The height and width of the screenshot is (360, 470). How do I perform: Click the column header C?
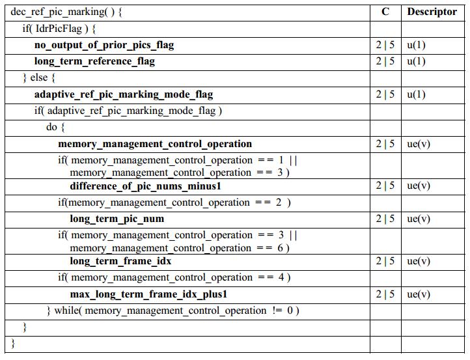pyautogui.click(x=385, y=12)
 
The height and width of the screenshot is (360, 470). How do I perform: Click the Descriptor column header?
pyautogui.click(x=432, y=12)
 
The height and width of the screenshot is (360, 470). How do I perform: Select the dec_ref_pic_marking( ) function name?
pyautogui.click(x=66, y=12)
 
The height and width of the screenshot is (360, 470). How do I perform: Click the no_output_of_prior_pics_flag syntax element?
pyautogui.click(x=104, y=45)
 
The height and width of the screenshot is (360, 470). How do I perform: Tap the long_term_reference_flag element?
pyautogui.click(x=94, y=61)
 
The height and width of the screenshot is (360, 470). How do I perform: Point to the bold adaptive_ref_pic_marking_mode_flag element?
pyautogui.click(x=124, y=94)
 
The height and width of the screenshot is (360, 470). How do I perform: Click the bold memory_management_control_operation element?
pyautogui.click(x=155, y=144)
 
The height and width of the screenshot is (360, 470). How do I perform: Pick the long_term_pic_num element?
pyautogui.click(x=117, y=219)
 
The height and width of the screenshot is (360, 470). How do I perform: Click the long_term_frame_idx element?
pyautogui.click(x=121, y=261)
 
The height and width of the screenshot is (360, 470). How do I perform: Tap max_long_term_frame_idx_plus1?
pyautogui.click(x=149, y=294)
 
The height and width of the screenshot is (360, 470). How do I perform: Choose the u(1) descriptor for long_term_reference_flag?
pyautogui.click(x=417, y=61)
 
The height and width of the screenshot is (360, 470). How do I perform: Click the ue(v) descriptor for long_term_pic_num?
pyautogui.click(x=419, y=219)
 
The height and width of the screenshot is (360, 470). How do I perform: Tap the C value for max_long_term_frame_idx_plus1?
pyautogui.click(x=385, y=294)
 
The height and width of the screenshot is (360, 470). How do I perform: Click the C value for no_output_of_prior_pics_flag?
pyautogui.click(x=385, y=45)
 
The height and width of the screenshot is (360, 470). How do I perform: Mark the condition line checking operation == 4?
pyautogui.click(x=174, y=277)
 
